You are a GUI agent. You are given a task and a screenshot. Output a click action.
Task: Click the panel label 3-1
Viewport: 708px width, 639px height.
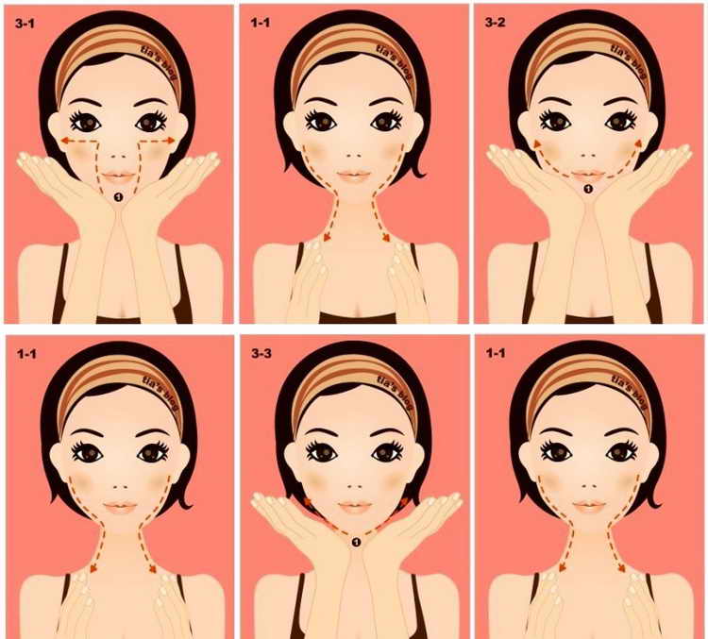[25, 23]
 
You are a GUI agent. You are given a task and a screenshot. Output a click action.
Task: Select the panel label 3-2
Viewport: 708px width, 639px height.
[495, 22]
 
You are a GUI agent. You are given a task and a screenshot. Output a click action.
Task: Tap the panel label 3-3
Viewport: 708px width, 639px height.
[261, 353]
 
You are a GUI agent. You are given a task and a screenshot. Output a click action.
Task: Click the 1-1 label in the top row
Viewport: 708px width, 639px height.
[261, 22]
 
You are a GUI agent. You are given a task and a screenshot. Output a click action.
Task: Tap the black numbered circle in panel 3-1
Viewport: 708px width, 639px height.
[118, 196]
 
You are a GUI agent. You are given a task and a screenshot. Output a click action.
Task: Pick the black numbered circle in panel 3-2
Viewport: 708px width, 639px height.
[588, 189]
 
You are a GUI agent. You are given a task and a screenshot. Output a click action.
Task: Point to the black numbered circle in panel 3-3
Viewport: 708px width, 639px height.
[357, 542]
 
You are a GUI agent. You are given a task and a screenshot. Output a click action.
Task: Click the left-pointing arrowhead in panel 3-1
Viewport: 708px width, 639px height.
[65, 141]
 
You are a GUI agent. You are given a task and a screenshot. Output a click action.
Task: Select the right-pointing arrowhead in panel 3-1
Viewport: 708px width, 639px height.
[170, 141]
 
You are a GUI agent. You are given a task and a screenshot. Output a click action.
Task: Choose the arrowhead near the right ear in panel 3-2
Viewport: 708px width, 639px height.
[638, 144]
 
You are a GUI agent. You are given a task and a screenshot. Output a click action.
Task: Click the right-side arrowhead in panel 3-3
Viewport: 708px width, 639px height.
[404, 502]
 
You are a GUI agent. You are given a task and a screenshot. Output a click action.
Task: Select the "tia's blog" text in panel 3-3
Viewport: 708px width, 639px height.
[396, 393]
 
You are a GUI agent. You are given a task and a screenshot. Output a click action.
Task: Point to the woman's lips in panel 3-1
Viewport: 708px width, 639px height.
[118, 177]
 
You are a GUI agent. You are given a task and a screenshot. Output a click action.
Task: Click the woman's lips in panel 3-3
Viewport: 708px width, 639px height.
[354, 507]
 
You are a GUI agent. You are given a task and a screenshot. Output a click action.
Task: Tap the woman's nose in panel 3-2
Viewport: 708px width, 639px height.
[587, 155]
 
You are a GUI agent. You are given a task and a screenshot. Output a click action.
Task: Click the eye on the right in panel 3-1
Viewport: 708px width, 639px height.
[152, 122]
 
